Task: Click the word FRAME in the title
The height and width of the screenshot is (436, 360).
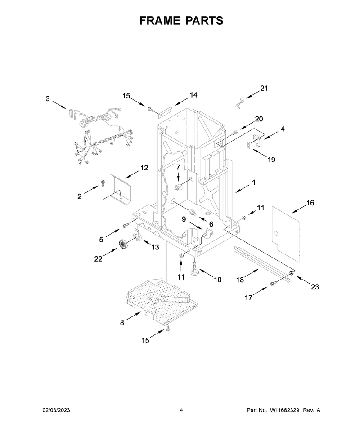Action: [x=159, y=21]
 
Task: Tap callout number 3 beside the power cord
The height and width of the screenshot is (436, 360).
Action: [x=48, y=98]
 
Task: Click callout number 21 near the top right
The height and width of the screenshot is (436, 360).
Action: [x=264, y=88]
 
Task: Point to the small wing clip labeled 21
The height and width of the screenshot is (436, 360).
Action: [x=238, y=104]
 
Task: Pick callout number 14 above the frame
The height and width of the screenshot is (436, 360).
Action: [x=193, y=95]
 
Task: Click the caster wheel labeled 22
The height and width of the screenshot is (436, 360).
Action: [x=123, y=244]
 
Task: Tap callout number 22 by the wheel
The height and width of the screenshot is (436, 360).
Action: [x=98, y=259]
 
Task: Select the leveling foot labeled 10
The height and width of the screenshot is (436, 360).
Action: [x=194, y=269]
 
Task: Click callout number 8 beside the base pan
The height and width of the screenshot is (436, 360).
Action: [x=122, y=323]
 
